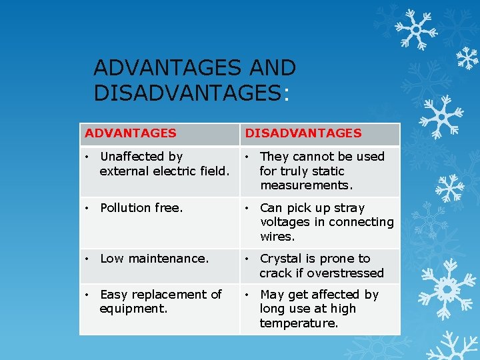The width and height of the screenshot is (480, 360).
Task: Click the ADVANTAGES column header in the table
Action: pyautogui.click(x=131, y=133)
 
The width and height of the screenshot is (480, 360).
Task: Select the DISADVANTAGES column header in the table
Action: pyautogui.click(x=303, y=133)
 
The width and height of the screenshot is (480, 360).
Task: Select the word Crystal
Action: pyautogui.click(x=281, y=259)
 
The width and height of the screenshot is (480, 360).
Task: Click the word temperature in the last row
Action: pyautogui.click(x=299, y=323)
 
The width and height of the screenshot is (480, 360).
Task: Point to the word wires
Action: pyautogui.click(x=277, y=237)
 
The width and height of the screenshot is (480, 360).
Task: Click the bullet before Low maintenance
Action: pyautogui.click(x=87, y=259)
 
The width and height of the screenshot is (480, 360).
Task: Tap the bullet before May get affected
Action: pyautogui.click(x=247, y=295)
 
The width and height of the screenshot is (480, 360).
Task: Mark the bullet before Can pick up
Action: pyautogui.click(x=247, y=208)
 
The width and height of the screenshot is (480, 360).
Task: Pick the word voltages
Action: pyautogui.click(x=285, y=222)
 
